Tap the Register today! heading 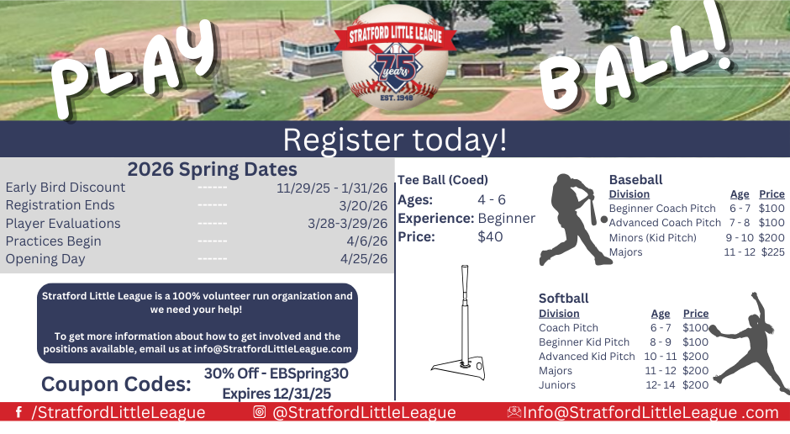(394, 139)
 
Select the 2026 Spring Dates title (212, 169)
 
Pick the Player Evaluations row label (63, 224)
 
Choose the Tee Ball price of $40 (490, 236)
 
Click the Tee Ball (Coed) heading (443, 180)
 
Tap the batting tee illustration (459, 324)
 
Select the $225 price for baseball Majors (772, 251)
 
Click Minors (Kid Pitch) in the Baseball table (652, 237)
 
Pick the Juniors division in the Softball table (557, 385)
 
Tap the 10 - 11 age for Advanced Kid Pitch (661, 357)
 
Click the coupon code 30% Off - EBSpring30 (276, 373)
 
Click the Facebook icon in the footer (18, 413)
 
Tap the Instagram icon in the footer (260, 413)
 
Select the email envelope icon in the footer (514, 413)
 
